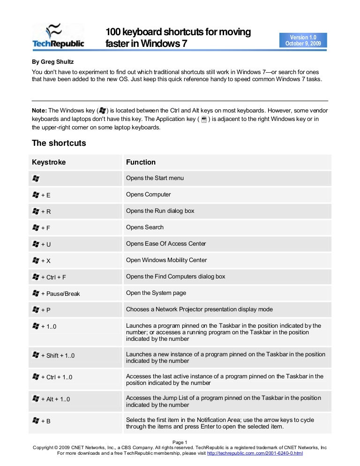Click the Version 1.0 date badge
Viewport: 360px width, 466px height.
pyautogui.click(x=302, y=40)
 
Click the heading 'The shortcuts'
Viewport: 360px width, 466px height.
pyautogui.click(x=59, y=143)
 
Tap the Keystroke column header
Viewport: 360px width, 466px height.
pyautogui.click(x=49, y=162)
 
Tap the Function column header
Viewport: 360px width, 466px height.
pyautogui.click(x=141, y=162)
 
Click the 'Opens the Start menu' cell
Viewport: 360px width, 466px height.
pyautogui.click(x=155, y=178)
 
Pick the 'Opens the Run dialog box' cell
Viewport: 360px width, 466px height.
pyautogui.click(x=160, y=211)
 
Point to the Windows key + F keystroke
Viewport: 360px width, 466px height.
pyautogui.click(x=42, y=228)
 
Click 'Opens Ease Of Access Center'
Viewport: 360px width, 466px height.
pyautogui.click(x=166, y=244)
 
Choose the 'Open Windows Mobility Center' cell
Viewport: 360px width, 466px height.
pyautogui.click(x=166, y=260)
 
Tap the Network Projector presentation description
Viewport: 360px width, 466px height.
pyautogui.click(x=199, y=309)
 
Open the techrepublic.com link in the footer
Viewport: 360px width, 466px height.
pyautogui.click(x=255, y=454)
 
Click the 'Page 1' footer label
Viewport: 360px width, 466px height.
pyautogui.click(x=180, y=442)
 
